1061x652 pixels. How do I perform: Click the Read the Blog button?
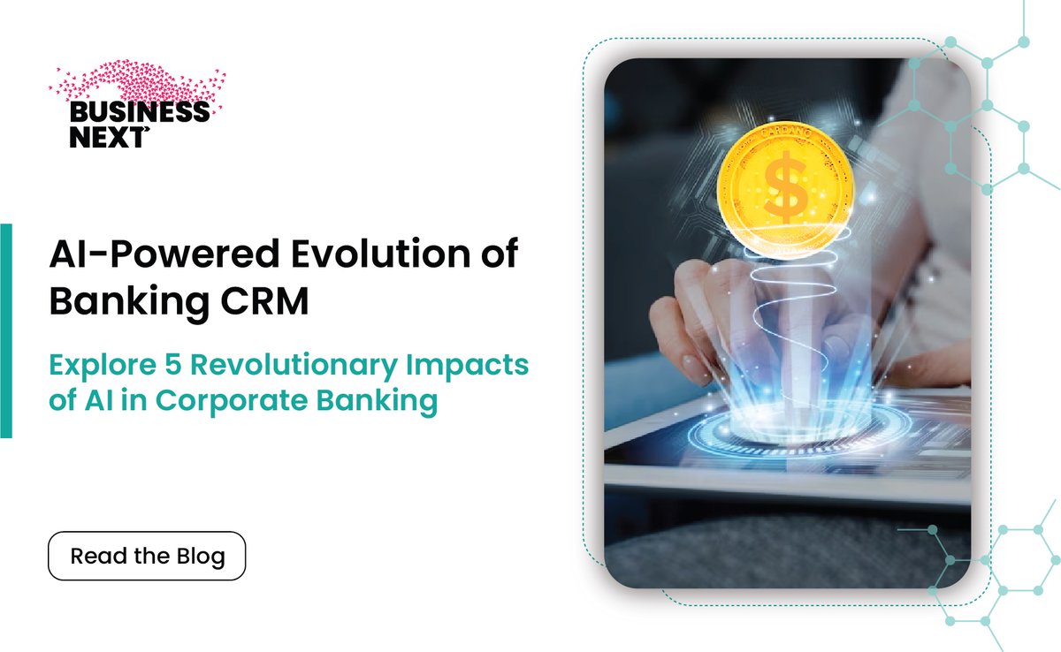(147, 556)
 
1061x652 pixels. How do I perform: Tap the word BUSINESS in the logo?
(139, 112)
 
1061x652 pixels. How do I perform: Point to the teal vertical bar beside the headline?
(5, 330)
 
